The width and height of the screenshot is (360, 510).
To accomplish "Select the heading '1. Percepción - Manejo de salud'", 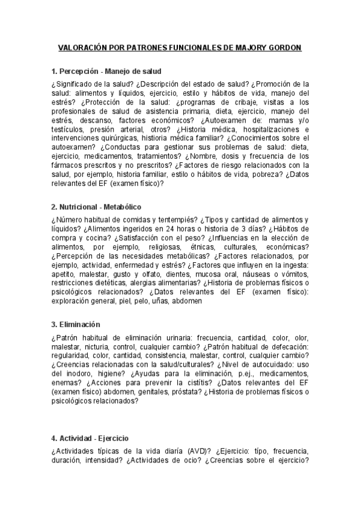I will tap(106, 71).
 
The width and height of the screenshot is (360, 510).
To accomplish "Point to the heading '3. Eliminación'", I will tap(76, 325).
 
